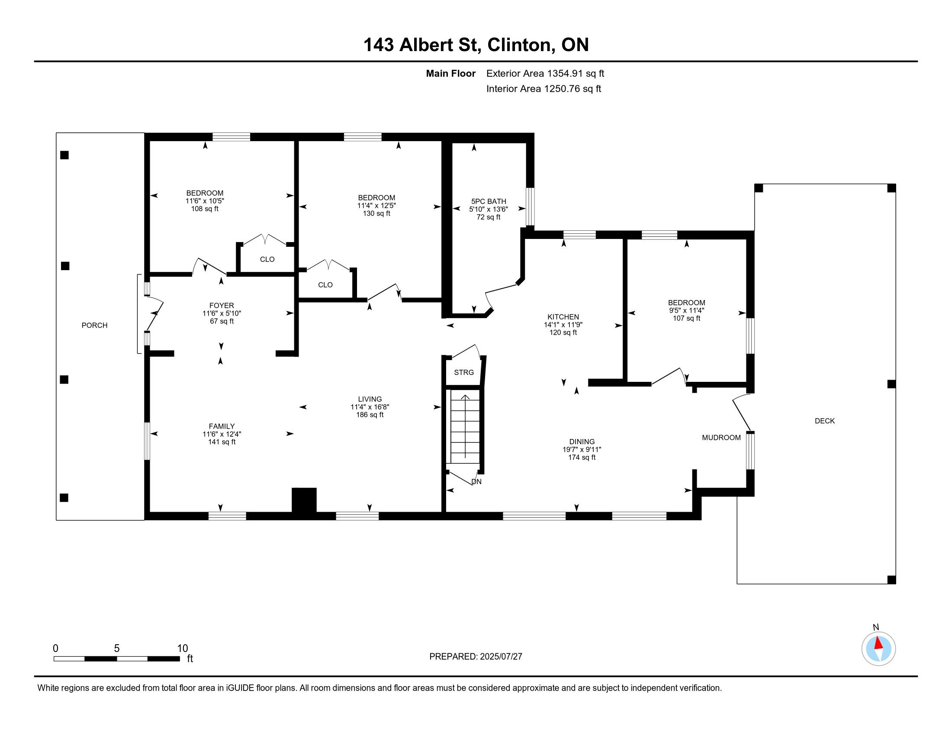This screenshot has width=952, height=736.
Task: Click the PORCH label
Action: pyautogui.click(x=95, y=325)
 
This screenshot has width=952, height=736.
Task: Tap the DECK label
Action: pyautogui.click(x=825, y=421)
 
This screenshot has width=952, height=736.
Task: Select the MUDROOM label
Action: pyautogui.click(x=721, y=438)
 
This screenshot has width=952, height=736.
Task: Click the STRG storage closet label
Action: pyautogui.click(x=464, y=372)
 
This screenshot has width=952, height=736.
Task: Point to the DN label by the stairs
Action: pyautogui.click(x=476, y=482)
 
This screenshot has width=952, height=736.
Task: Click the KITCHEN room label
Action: pyautogui.click(x=563, y=317)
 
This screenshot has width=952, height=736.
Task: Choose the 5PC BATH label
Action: pyautogui.click(x=489, y=201)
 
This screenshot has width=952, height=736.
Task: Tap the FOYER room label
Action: pyautogui.click(x=222, y=306)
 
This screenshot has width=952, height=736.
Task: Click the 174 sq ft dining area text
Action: pyautogui.click(x=582, y=457)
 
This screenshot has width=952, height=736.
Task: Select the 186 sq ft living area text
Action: pyautogui.click(x=370, y=415)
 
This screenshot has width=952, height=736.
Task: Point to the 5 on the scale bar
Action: pyautogui.click(x=117, y=649)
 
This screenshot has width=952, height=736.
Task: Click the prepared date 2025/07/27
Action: pyautogui.click(x=501, y=657)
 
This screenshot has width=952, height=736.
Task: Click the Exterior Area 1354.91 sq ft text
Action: pyautogui.click(x=545, y=74)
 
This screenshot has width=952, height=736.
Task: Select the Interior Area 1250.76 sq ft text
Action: pyautogui.click(x=544, y=89)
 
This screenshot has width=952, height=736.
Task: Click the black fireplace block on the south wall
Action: pyautogui.click(x=304, y=500)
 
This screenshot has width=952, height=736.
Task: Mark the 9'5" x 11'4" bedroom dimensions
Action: pyautogui.click(x=687, y=310)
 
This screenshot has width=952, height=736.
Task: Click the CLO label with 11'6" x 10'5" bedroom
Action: pyautogui.click(x=267, y=259)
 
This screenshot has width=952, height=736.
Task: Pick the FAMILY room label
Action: pyautogui.click(x=222, y=426)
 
